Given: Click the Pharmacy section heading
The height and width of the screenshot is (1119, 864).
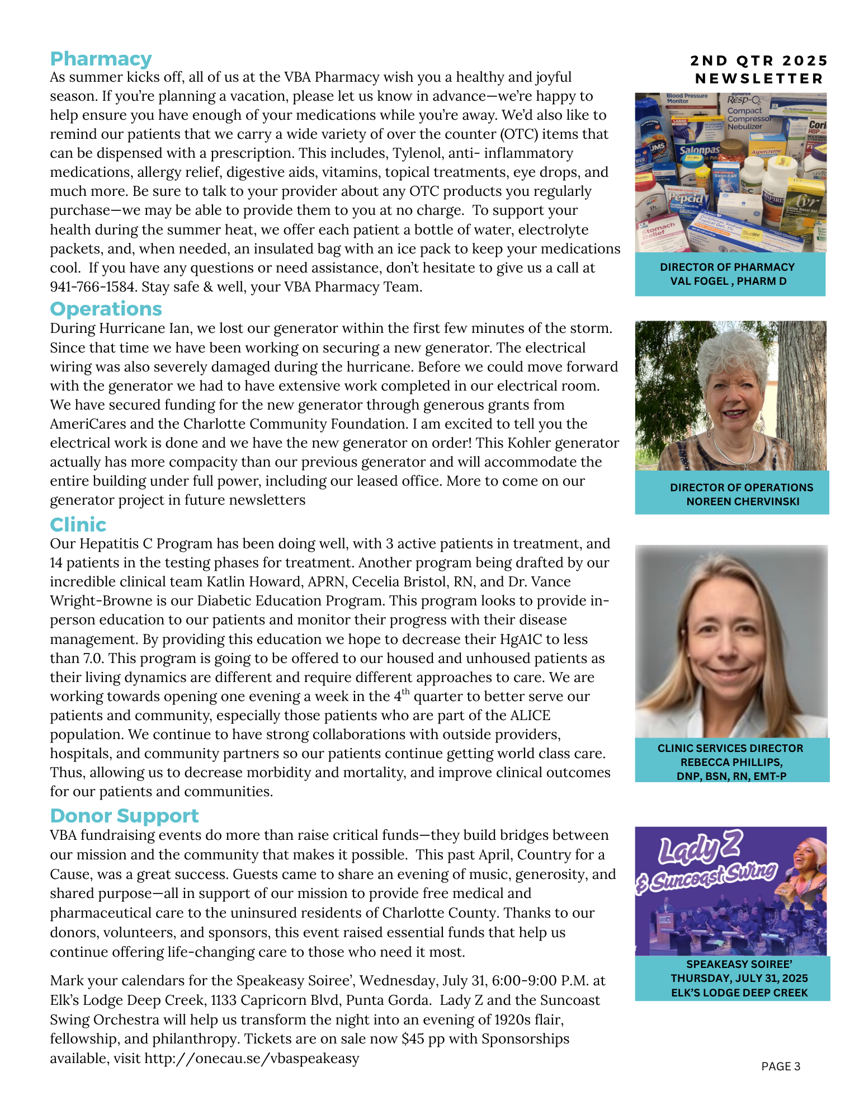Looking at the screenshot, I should click(x=101, y=59).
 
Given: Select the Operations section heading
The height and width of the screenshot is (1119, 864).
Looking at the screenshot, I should click(x=106, y=309).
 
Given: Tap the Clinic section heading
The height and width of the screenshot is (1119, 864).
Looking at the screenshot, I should click(x=78, y=525).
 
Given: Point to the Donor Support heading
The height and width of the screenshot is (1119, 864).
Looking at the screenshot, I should click(x=124, y=816).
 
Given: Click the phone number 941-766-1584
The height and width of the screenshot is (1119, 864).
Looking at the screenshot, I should click(x=92, y=287).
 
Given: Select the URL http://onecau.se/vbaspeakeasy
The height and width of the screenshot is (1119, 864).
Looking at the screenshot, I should click(x=252, y=1059).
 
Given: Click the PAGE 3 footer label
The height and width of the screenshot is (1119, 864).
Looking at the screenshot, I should click(x=781, y=1066).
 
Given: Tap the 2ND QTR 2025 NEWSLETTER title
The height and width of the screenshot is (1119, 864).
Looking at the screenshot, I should click(x=759, y=69).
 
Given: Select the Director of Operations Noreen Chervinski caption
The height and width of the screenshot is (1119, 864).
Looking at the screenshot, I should click(x=742, y=495).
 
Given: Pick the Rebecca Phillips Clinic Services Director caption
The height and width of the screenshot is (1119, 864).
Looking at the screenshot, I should click(x=731, y=762).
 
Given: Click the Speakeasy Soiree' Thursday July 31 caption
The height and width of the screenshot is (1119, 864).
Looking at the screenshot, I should click(x=739, y=979).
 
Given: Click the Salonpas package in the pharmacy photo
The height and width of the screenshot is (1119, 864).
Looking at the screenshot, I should click(x=699, y=151).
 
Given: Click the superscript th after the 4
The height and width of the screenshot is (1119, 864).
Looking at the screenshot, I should click(x=405, y=692).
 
